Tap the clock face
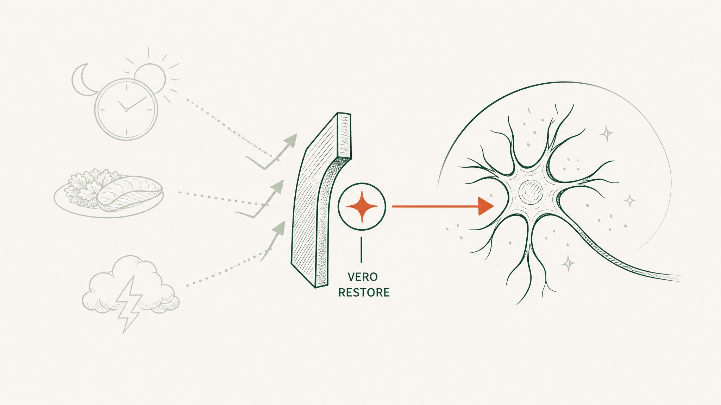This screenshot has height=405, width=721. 126,110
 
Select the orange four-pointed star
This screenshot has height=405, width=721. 362,207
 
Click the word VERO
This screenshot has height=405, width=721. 363,277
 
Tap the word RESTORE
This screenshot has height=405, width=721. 364,292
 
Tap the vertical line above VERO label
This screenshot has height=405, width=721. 361,250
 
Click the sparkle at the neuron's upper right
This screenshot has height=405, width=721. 607,133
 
